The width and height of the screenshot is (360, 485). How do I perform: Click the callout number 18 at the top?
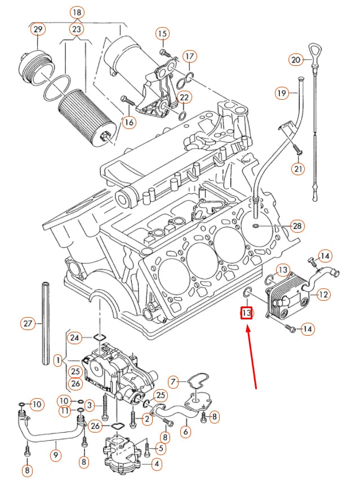(77, 12)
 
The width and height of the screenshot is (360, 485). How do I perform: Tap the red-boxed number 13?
(246, 312)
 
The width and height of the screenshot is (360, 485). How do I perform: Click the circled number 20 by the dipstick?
(296, 59)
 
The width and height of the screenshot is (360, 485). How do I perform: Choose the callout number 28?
(297, 226)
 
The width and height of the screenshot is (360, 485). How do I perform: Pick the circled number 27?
(28, 323)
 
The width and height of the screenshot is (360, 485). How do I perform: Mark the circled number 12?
(323, 294)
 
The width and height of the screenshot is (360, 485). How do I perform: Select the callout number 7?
(174, 382)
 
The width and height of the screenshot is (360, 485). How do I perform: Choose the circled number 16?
(129, 122)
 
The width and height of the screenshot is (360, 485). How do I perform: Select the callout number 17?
(189, 56)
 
